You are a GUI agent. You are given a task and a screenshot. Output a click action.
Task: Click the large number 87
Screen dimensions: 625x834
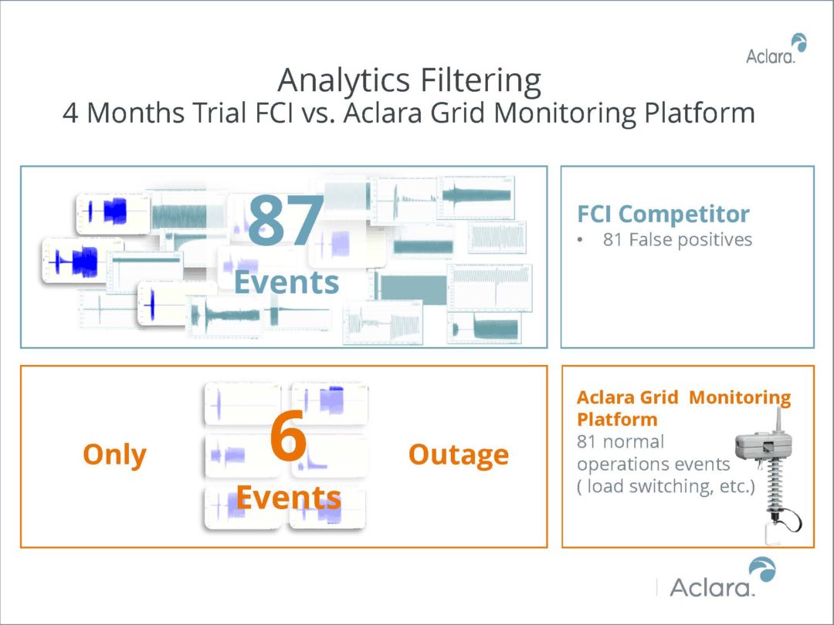pos(286,221)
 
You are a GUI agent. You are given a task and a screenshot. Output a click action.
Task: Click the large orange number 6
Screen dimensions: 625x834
pos(288,439)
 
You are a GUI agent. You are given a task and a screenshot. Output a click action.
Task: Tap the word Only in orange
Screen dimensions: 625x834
pos(114,454)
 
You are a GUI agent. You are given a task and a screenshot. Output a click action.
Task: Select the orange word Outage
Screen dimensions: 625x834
pos(458,454)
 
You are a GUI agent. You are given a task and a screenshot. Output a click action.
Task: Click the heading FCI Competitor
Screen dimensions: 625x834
pos(663,214)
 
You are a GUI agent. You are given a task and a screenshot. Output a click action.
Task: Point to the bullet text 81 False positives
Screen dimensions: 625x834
pos(677,240)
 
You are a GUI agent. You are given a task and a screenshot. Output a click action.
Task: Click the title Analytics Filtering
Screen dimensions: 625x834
pos(409,80)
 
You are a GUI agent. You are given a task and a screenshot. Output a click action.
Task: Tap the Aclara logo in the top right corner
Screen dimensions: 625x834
pos(775,50)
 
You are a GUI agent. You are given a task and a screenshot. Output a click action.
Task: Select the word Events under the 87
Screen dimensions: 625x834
pos(286,282)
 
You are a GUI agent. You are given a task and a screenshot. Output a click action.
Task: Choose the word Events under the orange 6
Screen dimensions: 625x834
pos(288,497)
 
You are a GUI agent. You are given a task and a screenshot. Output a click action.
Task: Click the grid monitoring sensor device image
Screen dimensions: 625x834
pos(767,471)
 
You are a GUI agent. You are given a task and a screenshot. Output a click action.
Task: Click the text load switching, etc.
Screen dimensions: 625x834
pos(665,488)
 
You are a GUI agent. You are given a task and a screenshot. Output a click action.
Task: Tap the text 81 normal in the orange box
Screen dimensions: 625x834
pos(620,443)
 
